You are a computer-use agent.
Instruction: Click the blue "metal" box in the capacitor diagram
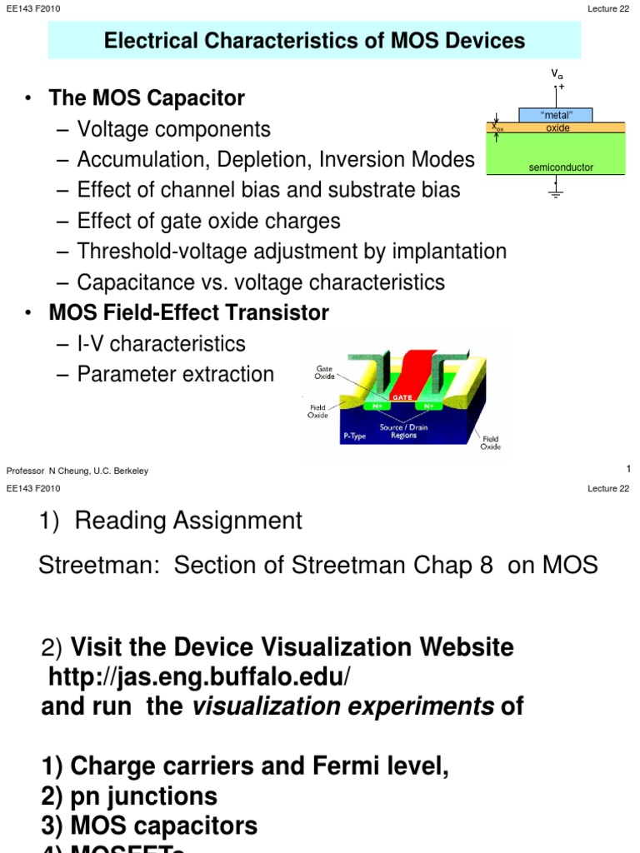[557, 115]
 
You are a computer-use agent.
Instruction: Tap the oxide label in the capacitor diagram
[557, 128]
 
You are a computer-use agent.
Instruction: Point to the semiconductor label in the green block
[561, 167]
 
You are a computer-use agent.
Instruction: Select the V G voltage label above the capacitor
[557, 75]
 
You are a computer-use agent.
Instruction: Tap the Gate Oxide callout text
[324, 372]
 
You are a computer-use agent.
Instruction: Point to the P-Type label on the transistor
[354, 436]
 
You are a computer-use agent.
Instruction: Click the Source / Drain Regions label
[403, 431]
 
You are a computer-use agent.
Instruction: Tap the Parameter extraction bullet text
[175, 374]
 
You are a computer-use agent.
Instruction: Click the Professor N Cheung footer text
[77, 471]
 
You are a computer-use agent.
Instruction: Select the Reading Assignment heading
[188, 521]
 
